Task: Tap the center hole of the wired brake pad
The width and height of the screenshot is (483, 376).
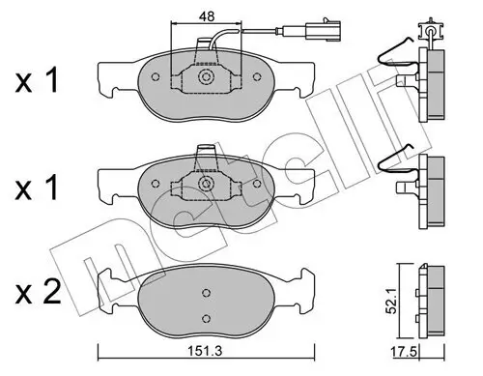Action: click(206, 78)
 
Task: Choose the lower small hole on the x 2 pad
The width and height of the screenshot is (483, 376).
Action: click(206, 320)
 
